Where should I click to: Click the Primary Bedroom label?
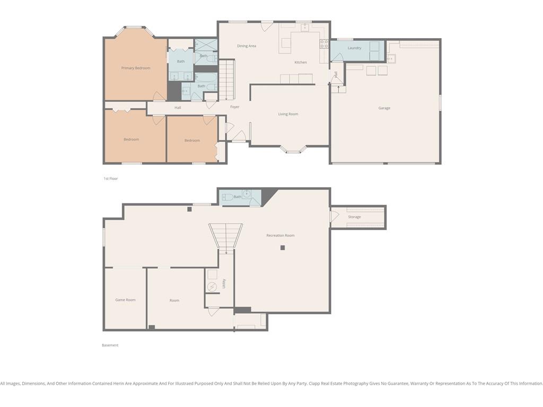tap(136, 68)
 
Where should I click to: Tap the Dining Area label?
tap(247, 46)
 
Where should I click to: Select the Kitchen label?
tap(301, 63)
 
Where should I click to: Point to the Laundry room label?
tap(354, 48)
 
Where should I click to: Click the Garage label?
tap(384, 108)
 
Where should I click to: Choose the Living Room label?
tap(288, 114)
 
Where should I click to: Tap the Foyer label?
tap(235, 107)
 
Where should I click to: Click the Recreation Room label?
tap(281, 235)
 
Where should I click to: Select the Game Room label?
tap(125, 300)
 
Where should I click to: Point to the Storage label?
tap(354, 217)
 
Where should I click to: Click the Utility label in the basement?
tap(224, 284)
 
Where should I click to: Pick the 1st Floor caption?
tap(111, 179)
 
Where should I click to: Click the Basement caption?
tap(110, 345)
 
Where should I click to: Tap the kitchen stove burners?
tap(324, 43)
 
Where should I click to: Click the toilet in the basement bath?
tap(228, 197)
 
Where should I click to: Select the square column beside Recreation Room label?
tap(283, 248)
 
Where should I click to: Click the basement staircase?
tap(225, 235)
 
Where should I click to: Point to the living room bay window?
tap(293, 149)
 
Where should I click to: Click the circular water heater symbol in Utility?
tap(212, 287)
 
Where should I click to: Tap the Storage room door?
tap(334, 217)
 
